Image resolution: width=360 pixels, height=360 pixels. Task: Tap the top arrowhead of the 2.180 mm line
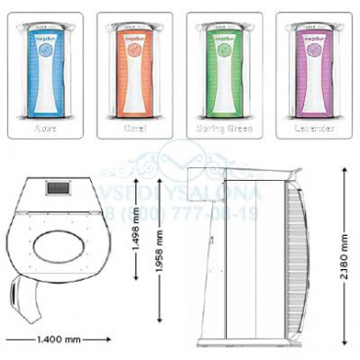pyautogui.click(x=343, y=165)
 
